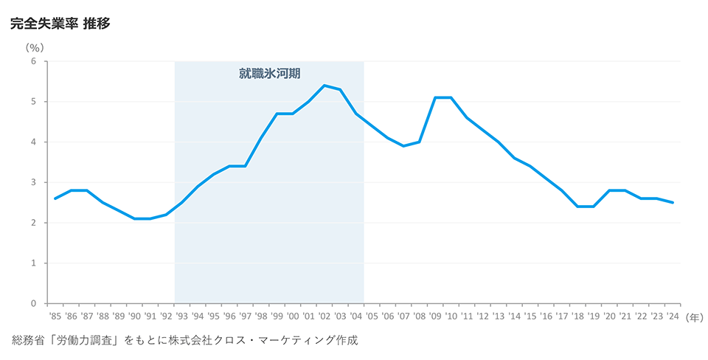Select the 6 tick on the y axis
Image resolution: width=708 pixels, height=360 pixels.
tap(34, 61)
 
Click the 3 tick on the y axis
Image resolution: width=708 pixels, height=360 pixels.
tap(34, 182)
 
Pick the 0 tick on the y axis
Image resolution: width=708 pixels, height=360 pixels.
tap(34, 303)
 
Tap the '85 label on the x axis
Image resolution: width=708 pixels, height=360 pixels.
tap(55, 316)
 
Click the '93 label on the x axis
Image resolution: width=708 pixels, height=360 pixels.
tap(182, 316)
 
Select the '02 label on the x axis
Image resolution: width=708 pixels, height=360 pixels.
tap(324, 316)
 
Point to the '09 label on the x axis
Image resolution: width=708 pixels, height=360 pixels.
tap(435, 316)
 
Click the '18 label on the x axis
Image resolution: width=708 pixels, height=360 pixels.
tap(577, 316)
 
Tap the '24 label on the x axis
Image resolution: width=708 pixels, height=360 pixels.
tap(673, 316)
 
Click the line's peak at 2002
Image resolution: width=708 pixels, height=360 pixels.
tap(324, 86)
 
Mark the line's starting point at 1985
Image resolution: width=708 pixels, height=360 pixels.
tap(55, 198)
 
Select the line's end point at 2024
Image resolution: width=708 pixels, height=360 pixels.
tap(673, 202)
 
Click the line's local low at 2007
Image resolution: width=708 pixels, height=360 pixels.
tap(403, 146)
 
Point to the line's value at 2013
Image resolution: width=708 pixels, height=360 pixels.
tap(499, 142)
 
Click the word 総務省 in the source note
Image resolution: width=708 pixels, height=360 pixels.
tap(29, 341)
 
